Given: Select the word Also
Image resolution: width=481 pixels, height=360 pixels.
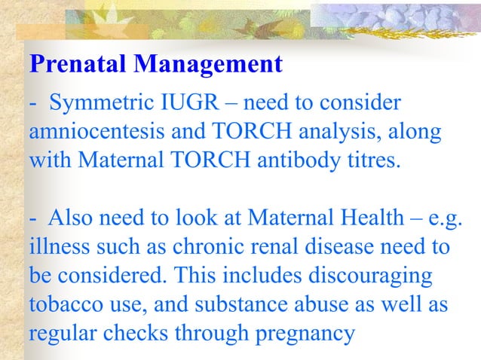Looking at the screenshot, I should pyautogui.click(x=69, y=218).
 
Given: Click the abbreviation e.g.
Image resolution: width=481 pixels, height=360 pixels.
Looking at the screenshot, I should pyautogui.click(x=446, y=219).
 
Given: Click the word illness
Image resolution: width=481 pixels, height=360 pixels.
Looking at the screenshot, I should pyautogui.click(x=56, y=246).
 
